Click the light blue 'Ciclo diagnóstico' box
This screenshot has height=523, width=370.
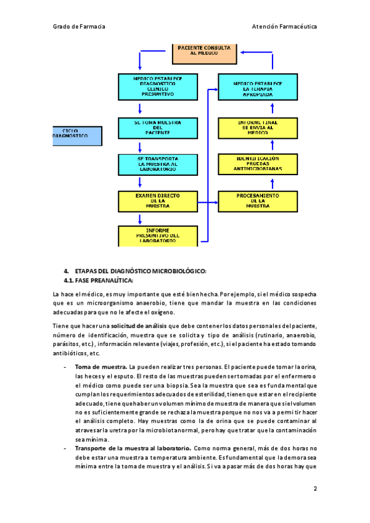point(76,136)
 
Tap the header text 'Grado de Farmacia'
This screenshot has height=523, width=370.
point(79,27)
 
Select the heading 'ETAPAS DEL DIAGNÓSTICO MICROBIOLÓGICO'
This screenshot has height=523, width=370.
point(141,271)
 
